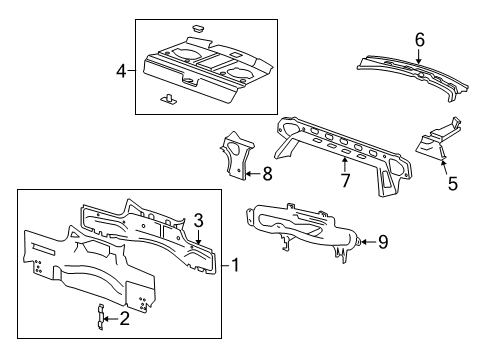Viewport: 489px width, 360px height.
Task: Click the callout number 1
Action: pyautogui.click(x=236, y=264)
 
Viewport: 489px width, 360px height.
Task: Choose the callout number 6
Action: pyautogui.click(x=420, y=39)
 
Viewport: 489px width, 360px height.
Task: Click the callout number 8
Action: pyautogui.click(x=266, y=173)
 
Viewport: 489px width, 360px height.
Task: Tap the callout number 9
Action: pyautogui.click(x=381, y=241)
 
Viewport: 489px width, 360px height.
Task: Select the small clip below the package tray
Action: pyautogui.click(x=167, y=98)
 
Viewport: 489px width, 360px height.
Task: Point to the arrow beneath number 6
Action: pyautogui.click(x=420, y=58)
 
